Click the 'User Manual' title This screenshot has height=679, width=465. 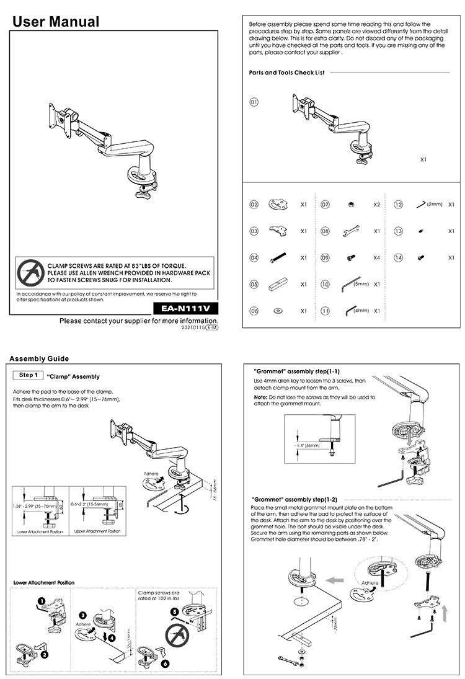(56, 22)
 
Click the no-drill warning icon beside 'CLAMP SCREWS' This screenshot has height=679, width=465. (29, 272)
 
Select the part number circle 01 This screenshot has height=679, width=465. (254, 102)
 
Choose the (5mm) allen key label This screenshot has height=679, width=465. (361, 283)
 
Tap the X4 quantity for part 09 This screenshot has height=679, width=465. (376, 257)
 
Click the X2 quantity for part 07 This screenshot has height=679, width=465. (376, 204)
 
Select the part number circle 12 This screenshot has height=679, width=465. (399, 204)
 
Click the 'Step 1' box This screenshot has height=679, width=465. (28, 375)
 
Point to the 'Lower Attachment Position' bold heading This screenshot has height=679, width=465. (44, 582)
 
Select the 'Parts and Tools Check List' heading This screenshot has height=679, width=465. (287, 73)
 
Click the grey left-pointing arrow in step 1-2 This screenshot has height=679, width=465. (335, 580)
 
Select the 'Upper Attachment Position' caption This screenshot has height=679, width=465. (97, 531)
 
